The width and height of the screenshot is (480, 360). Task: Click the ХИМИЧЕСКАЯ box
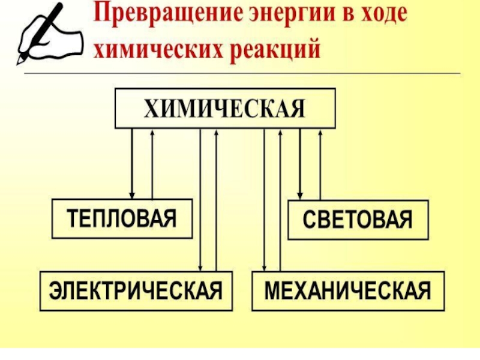tap(225, 109)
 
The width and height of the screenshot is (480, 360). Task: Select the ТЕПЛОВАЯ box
tap(122, 219)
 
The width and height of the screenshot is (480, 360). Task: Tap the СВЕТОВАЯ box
tap(359, 220)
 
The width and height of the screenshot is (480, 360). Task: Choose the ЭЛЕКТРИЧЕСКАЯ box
tap(136, 291)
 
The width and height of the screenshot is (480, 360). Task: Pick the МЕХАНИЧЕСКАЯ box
tap(348, 291)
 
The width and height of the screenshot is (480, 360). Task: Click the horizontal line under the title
tap(240, 74)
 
